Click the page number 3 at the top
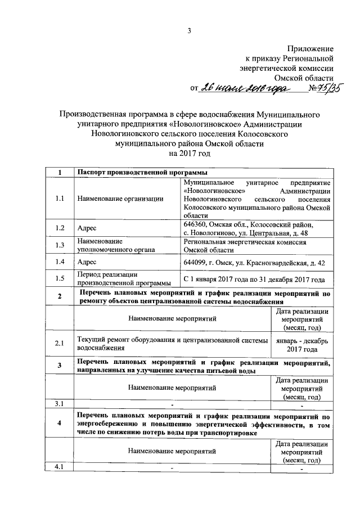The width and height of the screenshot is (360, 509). [190, 31]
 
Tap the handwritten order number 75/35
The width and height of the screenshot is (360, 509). [326, 88]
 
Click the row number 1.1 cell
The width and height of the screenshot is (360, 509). [59, 198]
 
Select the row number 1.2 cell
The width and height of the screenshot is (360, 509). [59, 229]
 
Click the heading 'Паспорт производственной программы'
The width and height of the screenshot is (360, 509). [142, 172]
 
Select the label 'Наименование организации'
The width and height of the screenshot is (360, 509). [120, 198]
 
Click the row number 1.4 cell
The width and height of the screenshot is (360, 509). [59, 262]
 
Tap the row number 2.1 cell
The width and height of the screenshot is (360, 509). [59, 344]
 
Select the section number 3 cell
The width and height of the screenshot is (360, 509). [59, 366]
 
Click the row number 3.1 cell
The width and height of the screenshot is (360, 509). [59, 404]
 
